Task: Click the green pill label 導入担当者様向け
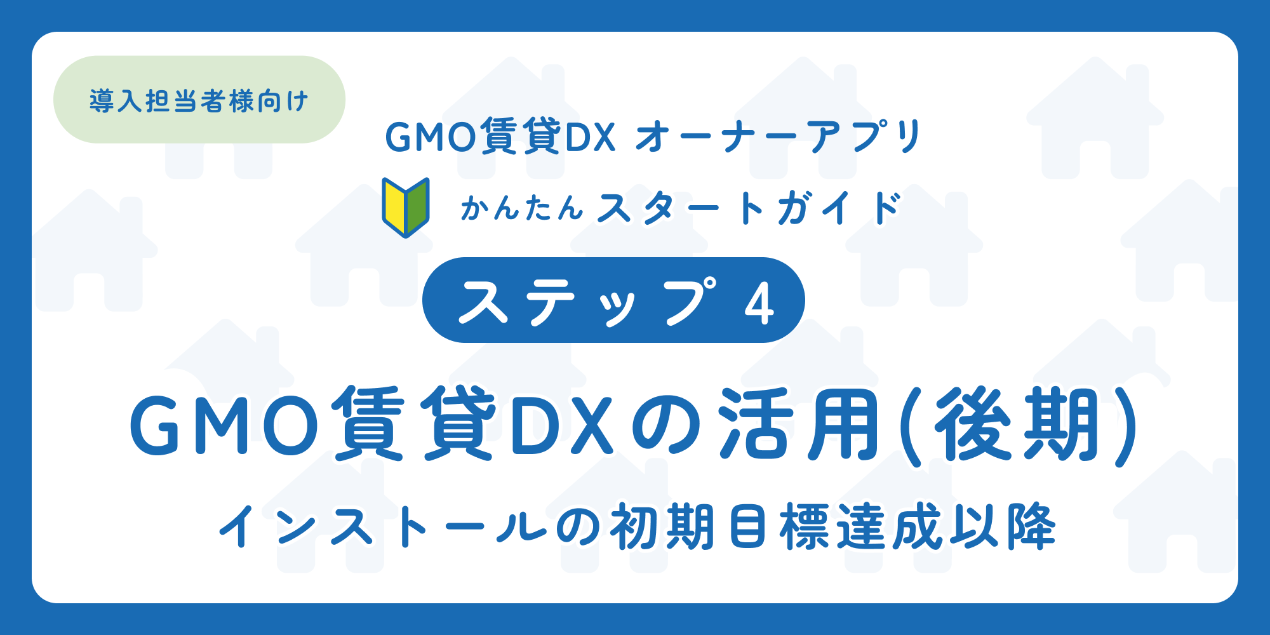(x=199, y=100)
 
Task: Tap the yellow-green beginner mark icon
(x=406, y=207)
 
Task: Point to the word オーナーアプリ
(x=779, y=137)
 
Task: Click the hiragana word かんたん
(x=521, y=208)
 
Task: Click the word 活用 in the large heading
(x=799, y=424)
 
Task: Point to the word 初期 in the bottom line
(x=663, y=526)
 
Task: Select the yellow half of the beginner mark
(x=394, y=206)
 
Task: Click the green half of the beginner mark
(x=417, y=206)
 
